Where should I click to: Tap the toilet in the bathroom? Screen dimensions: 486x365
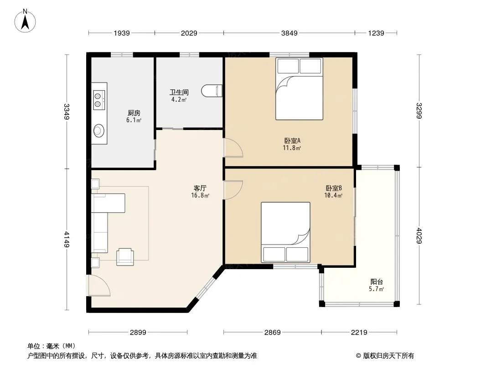212,91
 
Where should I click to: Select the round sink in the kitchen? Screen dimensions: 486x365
99,130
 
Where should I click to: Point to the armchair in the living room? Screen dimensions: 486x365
125,257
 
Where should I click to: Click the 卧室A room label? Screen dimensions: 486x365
292,141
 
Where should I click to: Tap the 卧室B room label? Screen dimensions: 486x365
334,188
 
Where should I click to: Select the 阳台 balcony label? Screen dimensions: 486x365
377,282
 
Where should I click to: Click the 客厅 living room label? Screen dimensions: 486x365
200,188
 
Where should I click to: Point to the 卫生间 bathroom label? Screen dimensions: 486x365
179,93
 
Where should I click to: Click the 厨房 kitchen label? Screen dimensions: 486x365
134,113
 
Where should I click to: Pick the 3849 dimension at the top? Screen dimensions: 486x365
289,33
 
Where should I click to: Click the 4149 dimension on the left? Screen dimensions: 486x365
67,239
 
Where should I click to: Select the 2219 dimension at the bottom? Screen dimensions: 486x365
359,333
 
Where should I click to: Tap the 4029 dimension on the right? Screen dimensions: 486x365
419,236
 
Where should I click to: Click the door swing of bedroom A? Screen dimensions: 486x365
233,148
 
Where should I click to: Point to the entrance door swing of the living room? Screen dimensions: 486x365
99,285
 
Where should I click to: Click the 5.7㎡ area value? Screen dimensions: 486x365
377,289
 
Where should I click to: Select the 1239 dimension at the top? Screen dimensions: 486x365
376,33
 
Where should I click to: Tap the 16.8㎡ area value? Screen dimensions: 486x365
200,195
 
